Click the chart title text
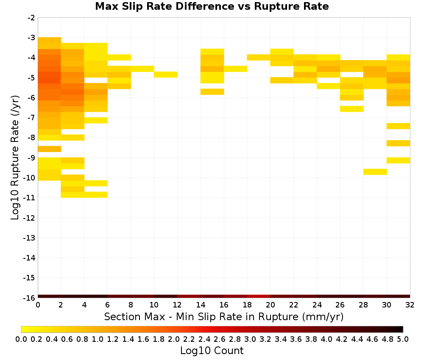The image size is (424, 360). pos(212,6)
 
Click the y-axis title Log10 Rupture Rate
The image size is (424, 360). pos(15,158)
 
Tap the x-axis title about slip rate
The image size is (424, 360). pos(224,316)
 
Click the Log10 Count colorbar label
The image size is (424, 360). pos(212,351)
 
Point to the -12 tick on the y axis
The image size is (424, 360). pos(29,218)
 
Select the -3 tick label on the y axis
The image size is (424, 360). pos(31,38)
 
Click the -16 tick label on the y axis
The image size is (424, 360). pos(29,298)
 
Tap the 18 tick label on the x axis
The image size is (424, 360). pos(247,305)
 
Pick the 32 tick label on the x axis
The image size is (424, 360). pos(410,305)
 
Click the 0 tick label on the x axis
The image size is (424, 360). pos(38,305)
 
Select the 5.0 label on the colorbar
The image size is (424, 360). pos(403,339)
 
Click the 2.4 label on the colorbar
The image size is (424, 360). pos(204,339)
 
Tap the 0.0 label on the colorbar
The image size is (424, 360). pos(21,339)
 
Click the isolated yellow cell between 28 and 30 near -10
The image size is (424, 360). pos(375,172)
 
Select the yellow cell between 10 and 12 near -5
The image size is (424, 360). pos(166,75)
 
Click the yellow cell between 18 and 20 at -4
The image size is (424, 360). pos(259,57)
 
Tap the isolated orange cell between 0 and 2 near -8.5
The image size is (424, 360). pos(50,149)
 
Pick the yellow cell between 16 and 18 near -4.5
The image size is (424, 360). pos(235,69)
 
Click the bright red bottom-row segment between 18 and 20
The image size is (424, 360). pos(259,296)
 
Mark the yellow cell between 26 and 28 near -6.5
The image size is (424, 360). pos(352,109)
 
